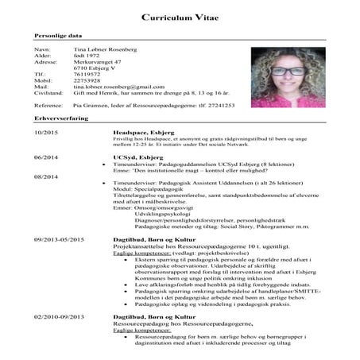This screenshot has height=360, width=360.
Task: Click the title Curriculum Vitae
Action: click(180, 17)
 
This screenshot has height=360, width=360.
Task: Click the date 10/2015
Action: click(45, 131)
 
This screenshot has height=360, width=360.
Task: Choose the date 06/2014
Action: click(45, 157)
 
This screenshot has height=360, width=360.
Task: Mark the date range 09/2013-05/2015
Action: click(59, 238)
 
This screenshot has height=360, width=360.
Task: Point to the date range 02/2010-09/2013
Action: click(59, 316)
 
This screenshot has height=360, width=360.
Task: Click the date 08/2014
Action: click(45, 176)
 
